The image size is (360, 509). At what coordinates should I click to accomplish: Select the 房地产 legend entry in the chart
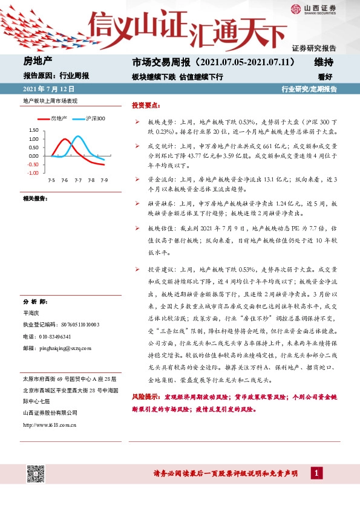click(58, 118)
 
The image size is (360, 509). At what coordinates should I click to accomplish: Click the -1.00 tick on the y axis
click(33, 173)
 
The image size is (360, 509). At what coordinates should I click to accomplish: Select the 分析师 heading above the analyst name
click(35, 301)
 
